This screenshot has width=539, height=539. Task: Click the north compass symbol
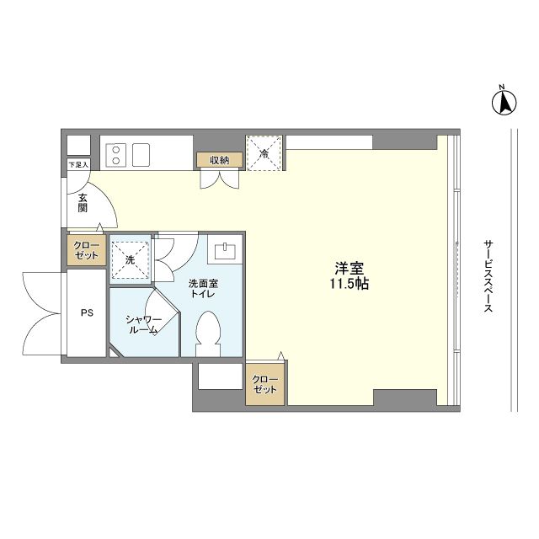(504, 103)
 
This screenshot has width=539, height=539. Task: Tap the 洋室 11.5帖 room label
(350, 275)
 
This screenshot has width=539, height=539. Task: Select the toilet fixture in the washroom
(208, 334)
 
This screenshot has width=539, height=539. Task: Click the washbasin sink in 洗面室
(225, 251)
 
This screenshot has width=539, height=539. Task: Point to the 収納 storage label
(220, 160)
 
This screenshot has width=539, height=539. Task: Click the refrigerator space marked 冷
(264, 153)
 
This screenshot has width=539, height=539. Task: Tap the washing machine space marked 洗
(131, 259)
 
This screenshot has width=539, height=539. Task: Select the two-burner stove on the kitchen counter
(116, 155)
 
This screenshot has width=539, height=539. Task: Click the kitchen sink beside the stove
(141, 155)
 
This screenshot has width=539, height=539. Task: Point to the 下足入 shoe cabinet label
(78, 165)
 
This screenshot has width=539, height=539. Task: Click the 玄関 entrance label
(83, 202)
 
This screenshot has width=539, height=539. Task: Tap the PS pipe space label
(87, 312)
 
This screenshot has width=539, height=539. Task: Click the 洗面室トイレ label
(203, 288)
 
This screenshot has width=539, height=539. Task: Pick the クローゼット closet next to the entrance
(86, 250)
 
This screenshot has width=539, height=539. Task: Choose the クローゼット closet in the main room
(264, 384)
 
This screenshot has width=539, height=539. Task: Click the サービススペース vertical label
(488, 276)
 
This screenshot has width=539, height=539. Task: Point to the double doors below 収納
(220, 179)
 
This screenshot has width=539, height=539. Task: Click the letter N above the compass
(502, 87)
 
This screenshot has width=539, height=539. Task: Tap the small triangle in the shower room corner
(113, 354)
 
